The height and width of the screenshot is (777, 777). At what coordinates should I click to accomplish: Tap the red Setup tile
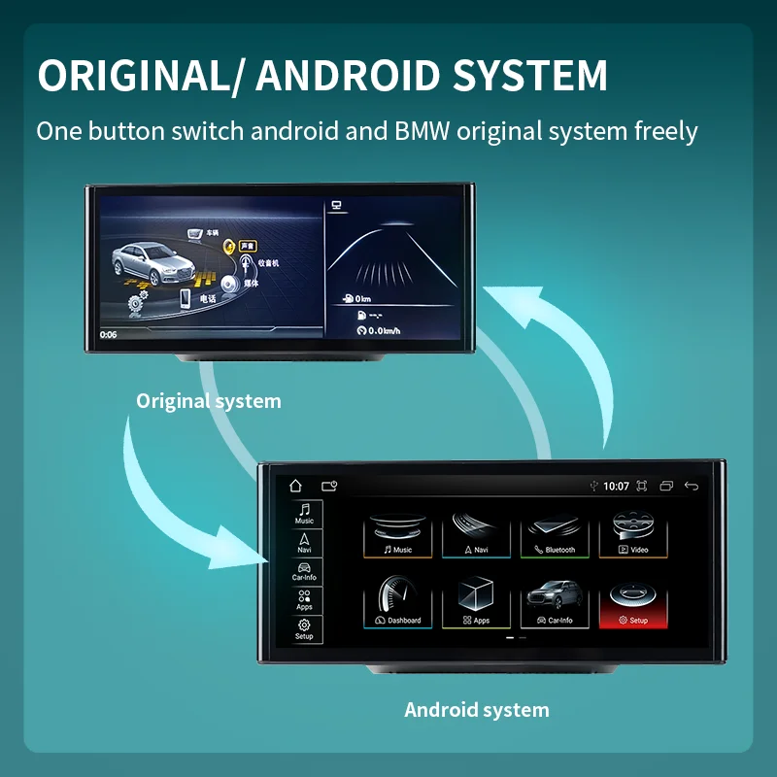(638, 603)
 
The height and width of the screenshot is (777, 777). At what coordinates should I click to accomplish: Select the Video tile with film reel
(638, 533)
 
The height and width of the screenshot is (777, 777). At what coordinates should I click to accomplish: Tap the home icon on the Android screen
(296, 486)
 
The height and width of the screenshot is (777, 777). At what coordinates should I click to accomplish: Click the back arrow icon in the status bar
(692, 486)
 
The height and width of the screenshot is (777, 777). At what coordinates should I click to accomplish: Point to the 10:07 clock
(616, 486)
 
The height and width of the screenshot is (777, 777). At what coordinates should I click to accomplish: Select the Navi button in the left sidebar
(305, 542)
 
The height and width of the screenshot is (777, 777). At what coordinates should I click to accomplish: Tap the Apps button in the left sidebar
(305, 599)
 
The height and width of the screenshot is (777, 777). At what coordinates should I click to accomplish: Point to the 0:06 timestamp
(108, 334)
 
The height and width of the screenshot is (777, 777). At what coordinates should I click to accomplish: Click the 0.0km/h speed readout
(380, 331)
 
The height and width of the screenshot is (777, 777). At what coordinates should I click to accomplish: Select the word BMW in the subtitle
(407, 130)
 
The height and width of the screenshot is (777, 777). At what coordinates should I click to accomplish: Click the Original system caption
(208, 400)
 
